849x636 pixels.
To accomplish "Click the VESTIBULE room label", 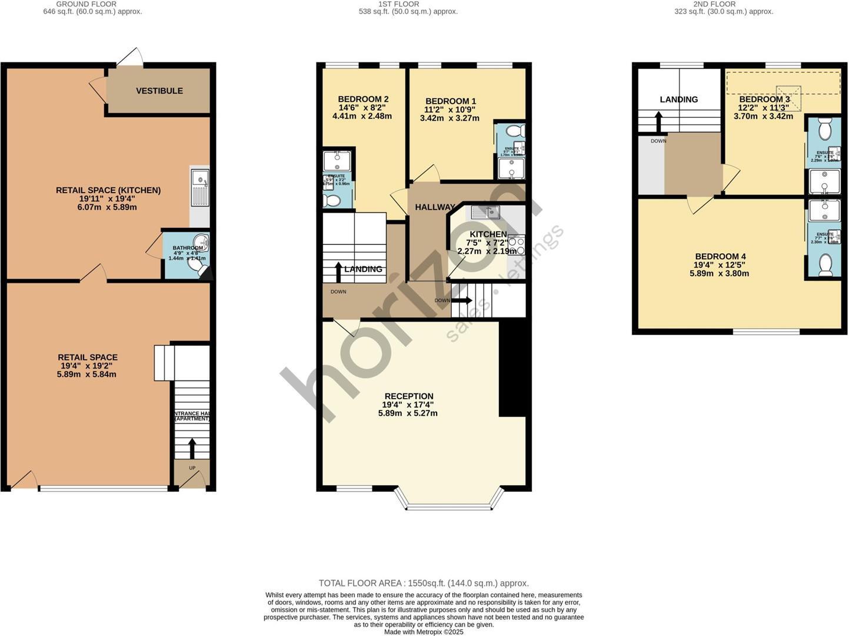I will click(159, 91).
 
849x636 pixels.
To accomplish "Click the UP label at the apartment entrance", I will click(192, 468).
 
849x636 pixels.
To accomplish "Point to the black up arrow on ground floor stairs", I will click(192, 448).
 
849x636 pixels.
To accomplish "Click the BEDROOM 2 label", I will click(363, 99).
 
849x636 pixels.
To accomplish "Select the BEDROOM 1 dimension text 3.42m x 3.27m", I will click(450, 118).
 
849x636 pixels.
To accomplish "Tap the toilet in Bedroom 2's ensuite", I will click(332, 201).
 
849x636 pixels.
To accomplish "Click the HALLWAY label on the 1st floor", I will click(435, 207).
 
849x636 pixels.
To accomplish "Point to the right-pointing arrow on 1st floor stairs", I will click(461, 300).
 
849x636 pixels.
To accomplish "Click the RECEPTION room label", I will click(408, 396).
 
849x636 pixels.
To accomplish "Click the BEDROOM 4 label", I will click(720, 256).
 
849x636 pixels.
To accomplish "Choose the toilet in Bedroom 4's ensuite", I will click(825, 265).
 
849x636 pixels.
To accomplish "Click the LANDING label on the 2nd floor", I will click(678, 100).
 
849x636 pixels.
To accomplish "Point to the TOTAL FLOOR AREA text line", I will click(424, 583).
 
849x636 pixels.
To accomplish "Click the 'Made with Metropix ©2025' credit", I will click(424, 632).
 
